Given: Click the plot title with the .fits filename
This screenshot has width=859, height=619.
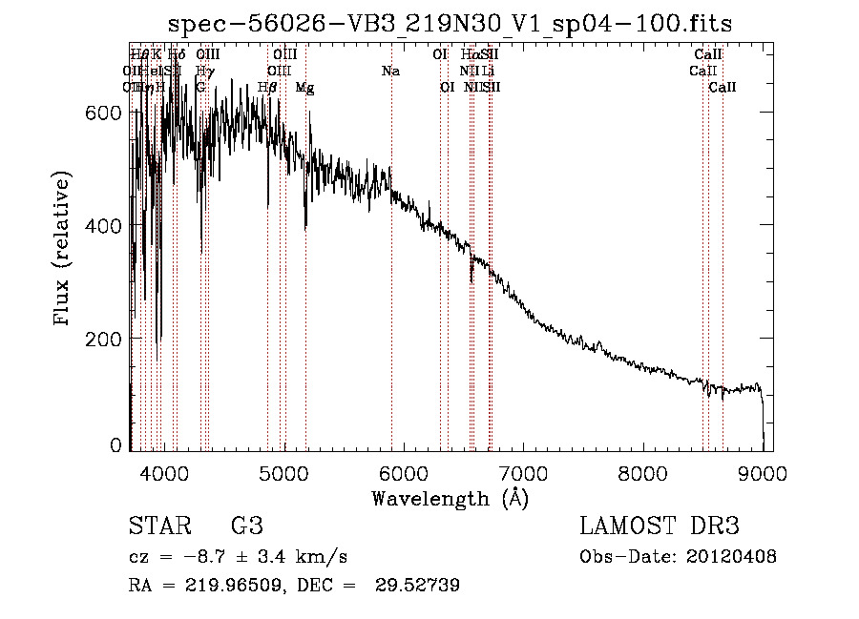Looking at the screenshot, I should click(x=450, y=25).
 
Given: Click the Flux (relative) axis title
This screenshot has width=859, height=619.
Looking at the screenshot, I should click(x=64, y=250).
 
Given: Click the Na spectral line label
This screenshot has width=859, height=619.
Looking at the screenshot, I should click(x=389, y=71).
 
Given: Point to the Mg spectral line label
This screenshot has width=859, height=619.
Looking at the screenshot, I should click(x=304, y=88).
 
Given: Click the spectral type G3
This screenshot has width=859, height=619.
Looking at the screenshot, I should click(x=246, y=526).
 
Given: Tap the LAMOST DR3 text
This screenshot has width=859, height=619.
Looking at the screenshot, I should click(x=660, y=526).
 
